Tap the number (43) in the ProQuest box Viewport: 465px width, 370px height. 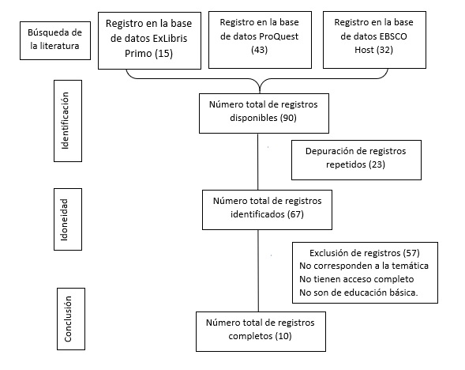260,50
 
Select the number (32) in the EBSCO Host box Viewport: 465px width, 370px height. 384,50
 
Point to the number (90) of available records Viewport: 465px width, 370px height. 288,118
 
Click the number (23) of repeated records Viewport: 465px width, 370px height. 377,164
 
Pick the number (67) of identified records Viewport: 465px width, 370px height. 295,214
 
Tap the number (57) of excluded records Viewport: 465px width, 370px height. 411,253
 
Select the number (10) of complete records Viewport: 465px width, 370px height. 283,336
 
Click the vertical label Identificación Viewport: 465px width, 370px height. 65,120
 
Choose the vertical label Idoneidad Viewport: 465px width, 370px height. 65,220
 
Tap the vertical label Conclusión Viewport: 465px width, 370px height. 68,319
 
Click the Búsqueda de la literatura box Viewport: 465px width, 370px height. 55,40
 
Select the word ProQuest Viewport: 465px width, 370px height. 279,36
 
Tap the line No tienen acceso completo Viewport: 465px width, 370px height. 357,279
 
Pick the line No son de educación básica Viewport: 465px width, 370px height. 358,293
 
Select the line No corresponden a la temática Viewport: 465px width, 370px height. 364,266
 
